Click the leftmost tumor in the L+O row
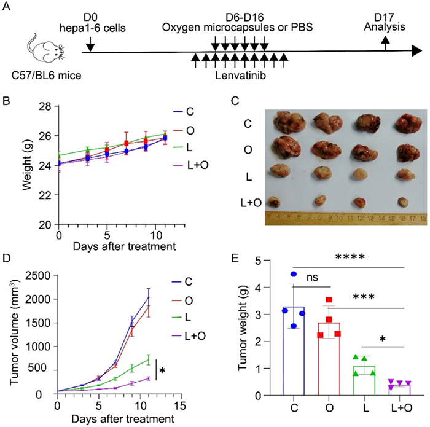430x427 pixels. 276,201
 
